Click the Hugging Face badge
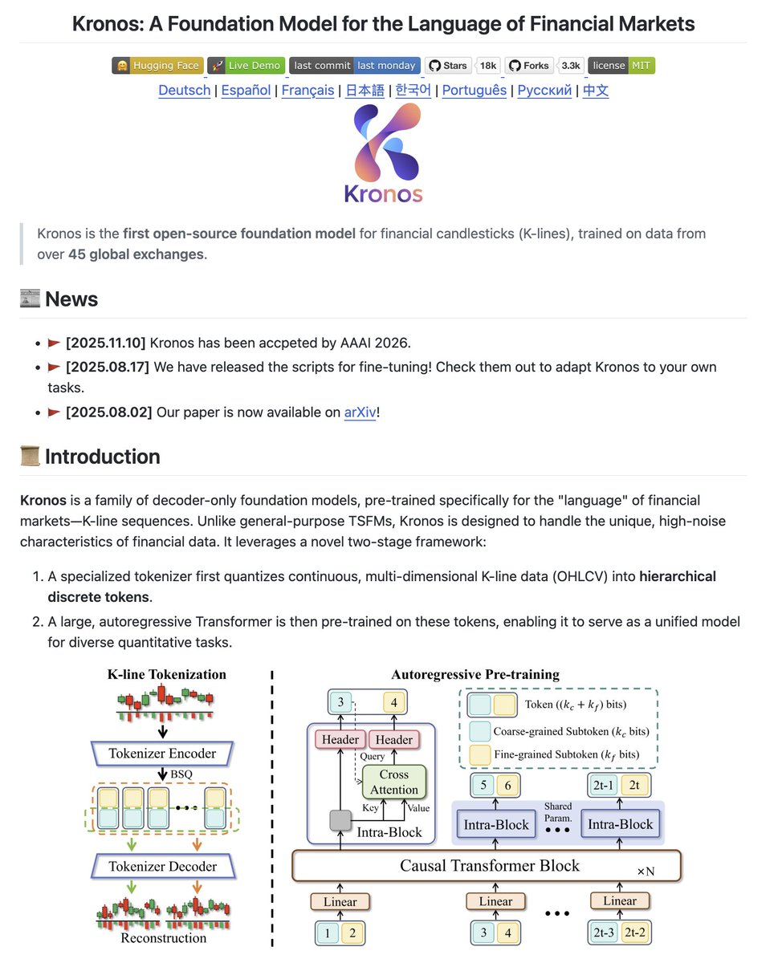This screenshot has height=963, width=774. click(x=156, y=66)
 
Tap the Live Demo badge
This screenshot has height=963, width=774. click(x=246, y=66)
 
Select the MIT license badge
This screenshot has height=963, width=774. click(x=621, y=66)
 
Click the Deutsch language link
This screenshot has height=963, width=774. click(x=184, y=90)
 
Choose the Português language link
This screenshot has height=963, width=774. click(x=474, y=90)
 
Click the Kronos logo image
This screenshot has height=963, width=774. click(x=384, y=152)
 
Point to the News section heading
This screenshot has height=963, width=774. click(x=71, y=299)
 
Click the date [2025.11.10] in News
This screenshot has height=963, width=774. click(x=105, y=343)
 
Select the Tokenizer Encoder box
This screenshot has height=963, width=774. click(x=162, y=753)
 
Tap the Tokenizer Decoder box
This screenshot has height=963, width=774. click(x=162, y=867)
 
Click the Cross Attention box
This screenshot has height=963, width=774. click(x=394, y=782)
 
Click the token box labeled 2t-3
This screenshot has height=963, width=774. click(x=604, y=933)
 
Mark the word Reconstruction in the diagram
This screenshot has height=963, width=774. click(x=163, y=937)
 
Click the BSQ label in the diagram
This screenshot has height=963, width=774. click(x=182, y=774)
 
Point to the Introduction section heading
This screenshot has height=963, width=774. click(x=102, y=457)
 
